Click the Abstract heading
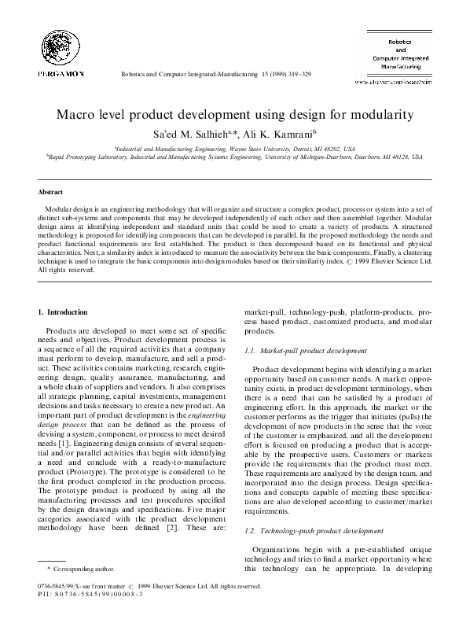[x=50, y=192]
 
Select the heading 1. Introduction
[x=66, y=313]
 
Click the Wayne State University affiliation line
[x=234, y=148]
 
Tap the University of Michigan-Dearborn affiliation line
[x=234, y=157]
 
